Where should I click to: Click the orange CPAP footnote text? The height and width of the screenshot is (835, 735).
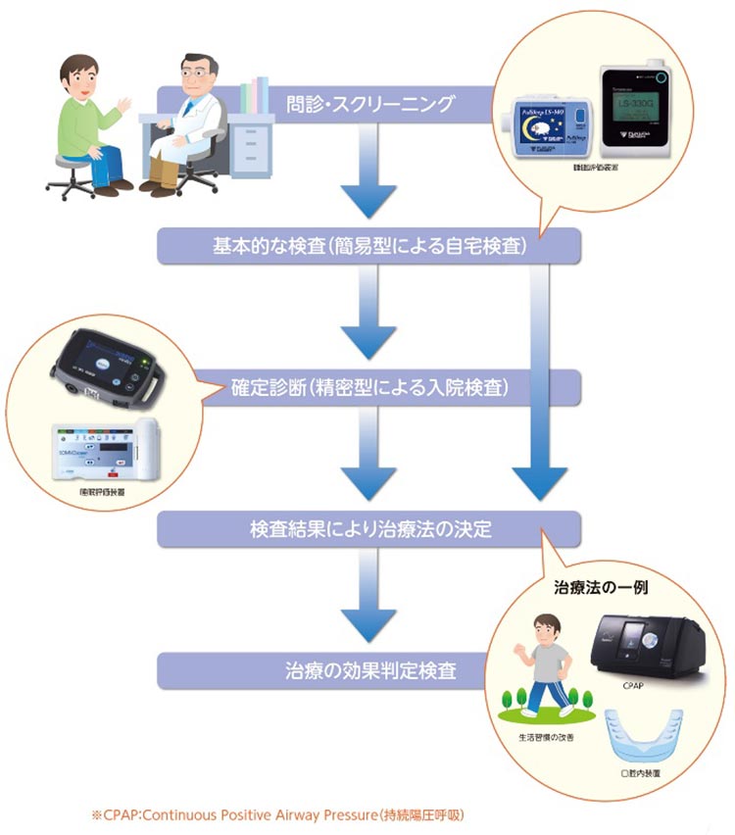click(276, 814)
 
